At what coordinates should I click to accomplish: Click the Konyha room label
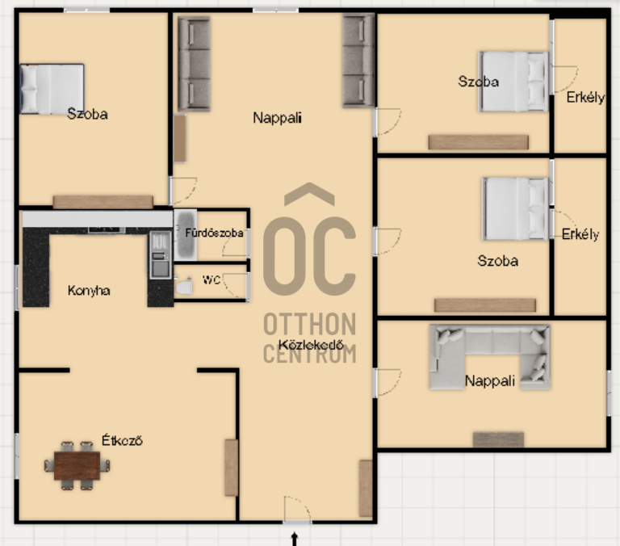89,291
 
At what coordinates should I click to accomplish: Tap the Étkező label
122,440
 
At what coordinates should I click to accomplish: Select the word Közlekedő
311,345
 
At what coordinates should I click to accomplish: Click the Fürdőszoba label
214,233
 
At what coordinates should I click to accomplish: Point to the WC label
212,279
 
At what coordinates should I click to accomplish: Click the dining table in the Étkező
77,466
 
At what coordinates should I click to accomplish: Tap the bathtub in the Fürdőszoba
185,234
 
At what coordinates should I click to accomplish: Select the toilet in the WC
184,286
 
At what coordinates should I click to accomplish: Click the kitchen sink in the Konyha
160,255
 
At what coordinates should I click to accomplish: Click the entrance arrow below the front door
294,539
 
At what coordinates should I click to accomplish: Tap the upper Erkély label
585,98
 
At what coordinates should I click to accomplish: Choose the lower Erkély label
580,234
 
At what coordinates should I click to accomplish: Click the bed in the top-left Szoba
52,89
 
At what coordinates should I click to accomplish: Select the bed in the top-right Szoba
513,82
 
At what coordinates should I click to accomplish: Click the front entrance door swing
297,508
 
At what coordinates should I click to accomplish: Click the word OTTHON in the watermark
310,324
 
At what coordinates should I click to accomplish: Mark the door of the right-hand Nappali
387,382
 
